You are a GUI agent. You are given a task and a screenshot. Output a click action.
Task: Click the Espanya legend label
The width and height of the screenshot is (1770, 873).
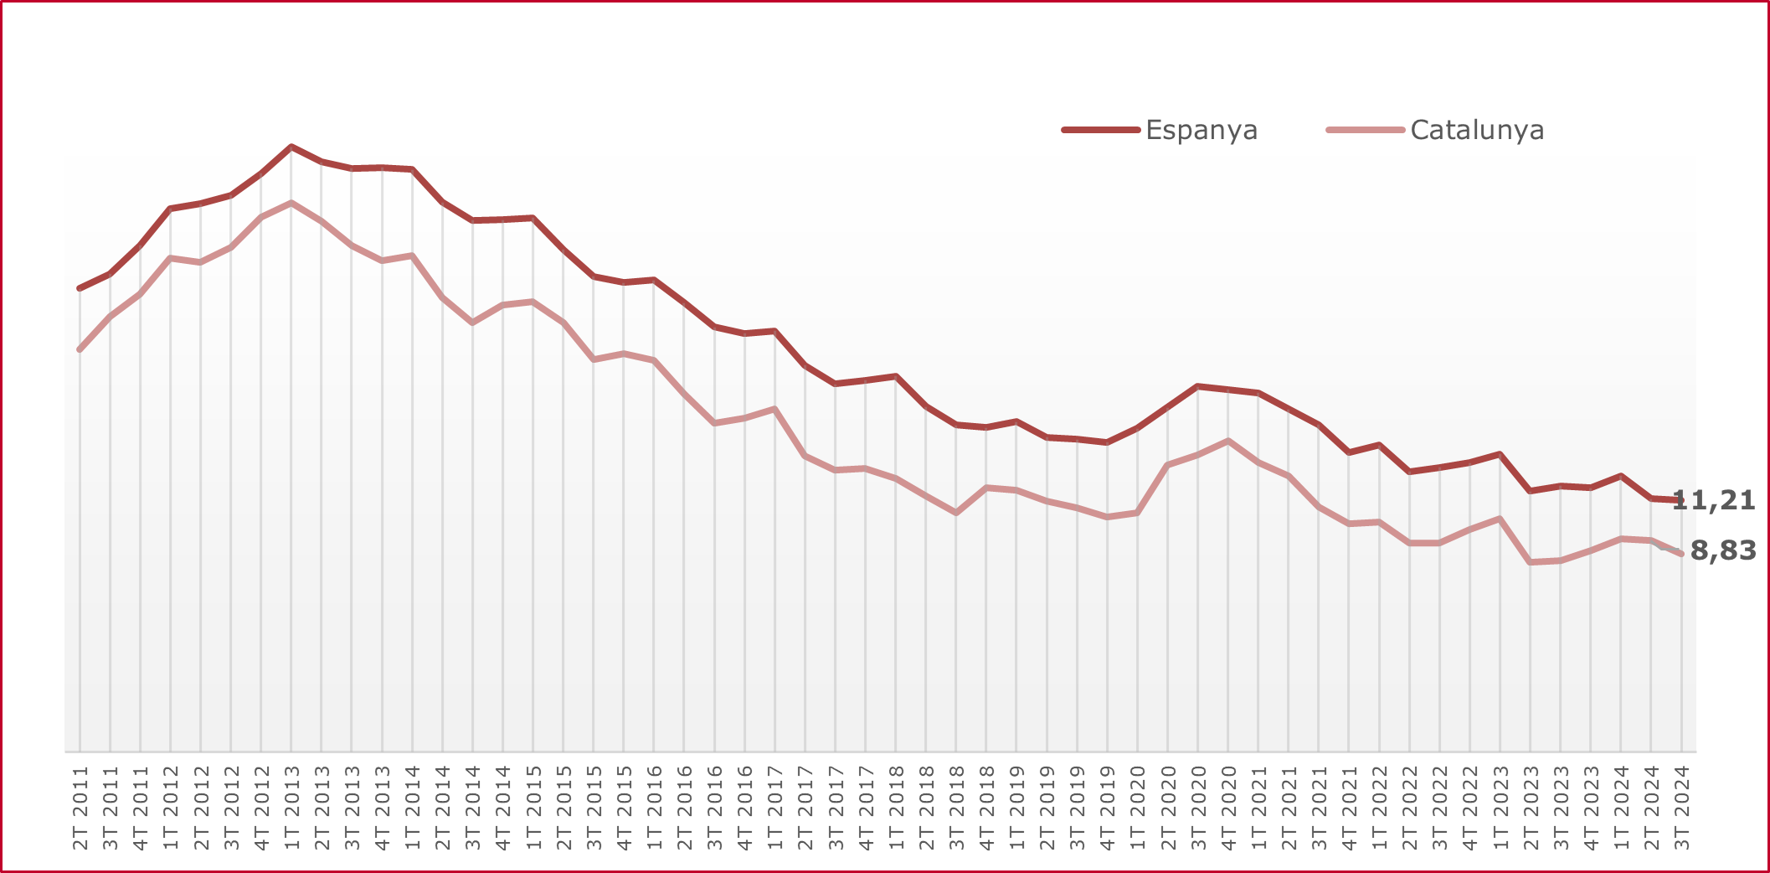[1201, 130]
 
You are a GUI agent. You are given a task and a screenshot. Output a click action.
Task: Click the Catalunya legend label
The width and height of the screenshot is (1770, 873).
[1477, 130]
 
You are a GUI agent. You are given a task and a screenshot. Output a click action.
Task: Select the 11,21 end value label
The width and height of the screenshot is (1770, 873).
[1713, 500]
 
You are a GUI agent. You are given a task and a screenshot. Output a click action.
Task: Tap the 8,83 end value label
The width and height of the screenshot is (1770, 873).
[1723, 550]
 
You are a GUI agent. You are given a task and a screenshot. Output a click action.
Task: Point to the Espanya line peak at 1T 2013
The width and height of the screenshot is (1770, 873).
[291, 147]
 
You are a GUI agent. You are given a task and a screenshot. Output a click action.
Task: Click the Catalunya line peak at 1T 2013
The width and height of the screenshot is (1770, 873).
[291, 203]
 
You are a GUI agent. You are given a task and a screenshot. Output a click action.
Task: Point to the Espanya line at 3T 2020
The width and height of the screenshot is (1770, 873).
[1198, 386]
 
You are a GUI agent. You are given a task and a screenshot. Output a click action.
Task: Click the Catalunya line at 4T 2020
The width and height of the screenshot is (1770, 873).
[1228, 441]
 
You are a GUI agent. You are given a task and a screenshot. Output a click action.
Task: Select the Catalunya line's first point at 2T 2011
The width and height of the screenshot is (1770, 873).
[80, 349]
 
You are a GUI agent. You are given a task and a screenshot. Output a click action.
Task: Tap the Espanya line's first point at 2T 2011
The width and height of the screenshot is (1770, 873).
[80, 288]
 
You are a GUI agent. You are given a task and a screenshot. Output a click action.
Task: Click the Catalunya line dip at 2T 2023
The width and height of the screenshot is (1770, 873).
[1531, 562]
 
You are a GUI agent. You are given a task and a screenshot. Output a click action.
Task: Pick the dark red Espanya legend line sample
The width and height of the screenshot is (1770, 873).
[1101, 130]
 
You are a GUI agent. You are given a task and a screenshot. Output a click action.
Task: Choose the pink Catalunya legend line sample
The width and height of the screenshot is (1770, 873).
[1365, 130]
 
